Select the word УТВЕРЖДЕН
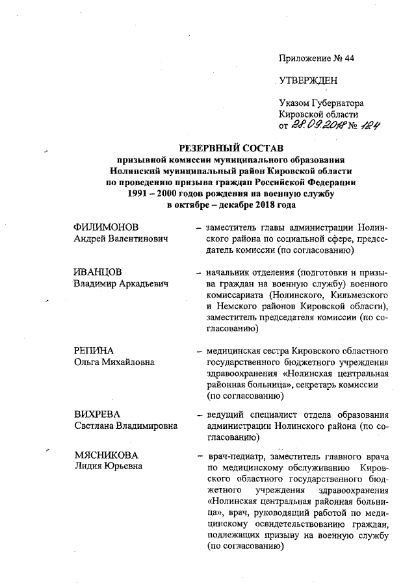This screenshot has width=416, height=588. pos(308,81)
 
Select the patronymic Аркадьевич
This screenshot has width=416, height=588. pos(140,283)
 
